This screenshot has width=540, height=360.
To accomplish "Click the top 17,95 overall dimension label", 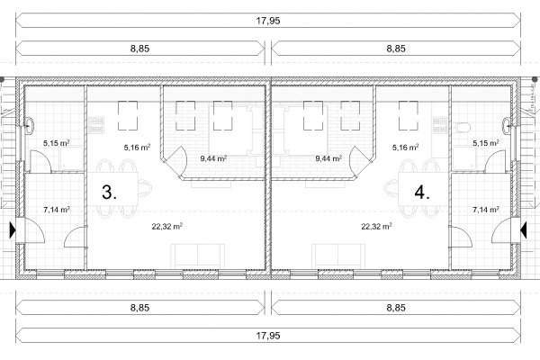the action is click(268, 21).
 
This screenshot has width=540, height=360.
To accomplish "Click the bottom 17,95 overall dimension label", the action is click(268, 335).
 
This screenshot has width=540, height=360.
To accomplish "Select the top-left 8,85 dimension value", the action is click(139, 49).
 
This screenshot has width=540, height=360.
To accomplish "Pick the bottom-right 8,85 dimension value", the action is click(396, 307).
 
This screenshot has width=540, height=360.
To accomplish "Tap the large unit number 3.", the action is click(109, 192).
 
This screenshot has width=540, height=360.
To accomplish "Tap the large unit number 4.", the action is click(422, 192).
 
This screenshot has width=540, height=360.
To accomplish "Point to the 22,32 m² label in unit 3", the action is click(167, 226).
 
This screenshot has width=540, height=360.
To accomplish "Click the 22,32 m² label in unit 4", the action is click(376, 226).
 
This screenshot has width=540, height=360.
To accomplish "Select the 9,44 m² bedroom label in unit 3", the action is click(213, 158).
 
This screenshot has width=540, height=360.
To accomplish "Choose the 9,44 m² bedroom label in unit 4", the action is click(328, 158).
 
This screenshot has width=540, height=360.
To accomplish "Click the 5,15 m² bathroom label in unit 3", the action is click(57, 142).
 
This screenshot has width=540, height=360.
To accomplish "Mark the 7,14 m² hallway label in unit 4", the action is click(486, 210).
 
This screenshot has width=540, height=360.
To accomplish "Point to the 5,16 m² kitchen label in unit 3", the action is click(137, 148).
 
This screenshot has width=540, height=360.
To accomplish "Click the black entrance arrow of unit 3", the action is click(13, 229).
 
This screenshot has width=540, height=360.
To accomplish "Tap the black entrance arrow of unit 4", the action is click(523, 229).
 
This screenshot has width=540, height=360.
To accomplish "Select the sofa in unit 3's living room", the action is click(198, 256).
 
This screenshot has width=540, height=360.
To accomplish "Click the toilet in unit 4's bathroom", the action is click(463, 128).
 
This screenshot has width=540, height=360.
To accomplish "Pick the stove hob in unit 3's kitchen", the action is click(96, 125).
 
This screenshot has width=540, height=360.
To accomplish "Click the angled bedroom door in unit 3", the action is click(179, 161).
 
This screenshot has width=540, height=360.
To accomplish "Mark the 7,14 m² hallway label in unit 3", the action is click(57, 210).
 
